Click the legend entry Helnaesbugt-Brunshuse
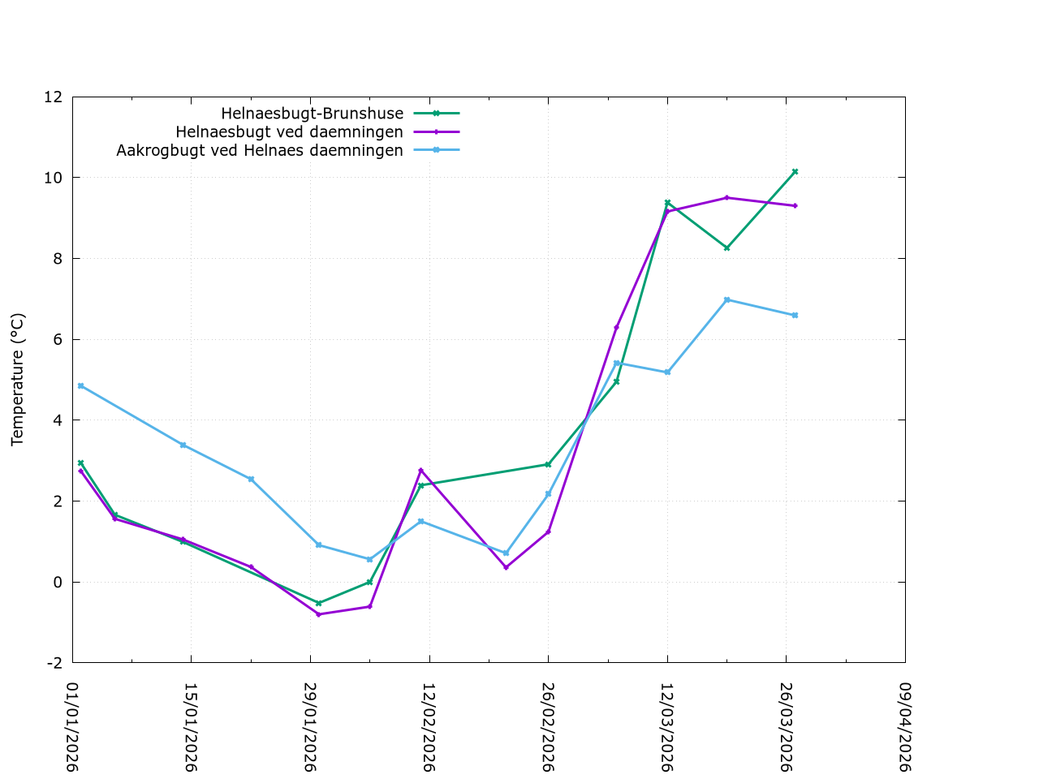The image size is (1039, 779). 313,114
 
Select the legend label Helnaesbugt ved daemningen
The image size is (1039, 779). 289,132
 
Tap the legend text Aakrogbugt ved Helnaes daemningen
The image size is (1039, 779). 260,151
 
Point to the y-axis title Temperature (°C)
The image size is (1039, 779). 18,379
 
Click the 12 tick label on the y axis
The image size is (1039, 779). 53,97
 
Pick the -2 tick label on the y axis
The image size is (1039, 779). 54,663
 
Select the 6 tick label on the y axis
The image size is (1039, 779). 57,339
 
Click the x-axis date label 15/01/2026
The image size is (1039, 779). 191,727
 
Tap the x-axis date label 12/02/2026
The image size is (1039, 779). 429,727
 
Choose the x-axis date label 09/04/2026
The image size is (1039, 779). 905,727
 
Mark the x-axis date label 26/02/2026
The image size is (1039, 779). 548,727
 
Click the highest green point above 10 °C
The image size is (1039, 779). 795,171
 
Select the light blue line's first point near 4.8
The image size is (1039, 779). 80,385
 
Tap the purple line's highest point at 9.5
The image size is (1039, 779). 726,197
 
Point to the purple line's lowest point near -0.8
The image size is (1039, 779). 318,614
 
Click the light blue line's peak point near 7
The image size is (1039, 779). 726,299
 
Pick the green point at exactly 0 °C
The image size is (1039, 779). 369,582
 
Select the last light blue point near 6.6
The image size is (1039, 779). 795,315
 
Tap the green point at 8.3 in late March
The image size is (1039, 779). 726,247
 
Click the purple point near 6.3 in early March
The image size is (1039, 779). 616,327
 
